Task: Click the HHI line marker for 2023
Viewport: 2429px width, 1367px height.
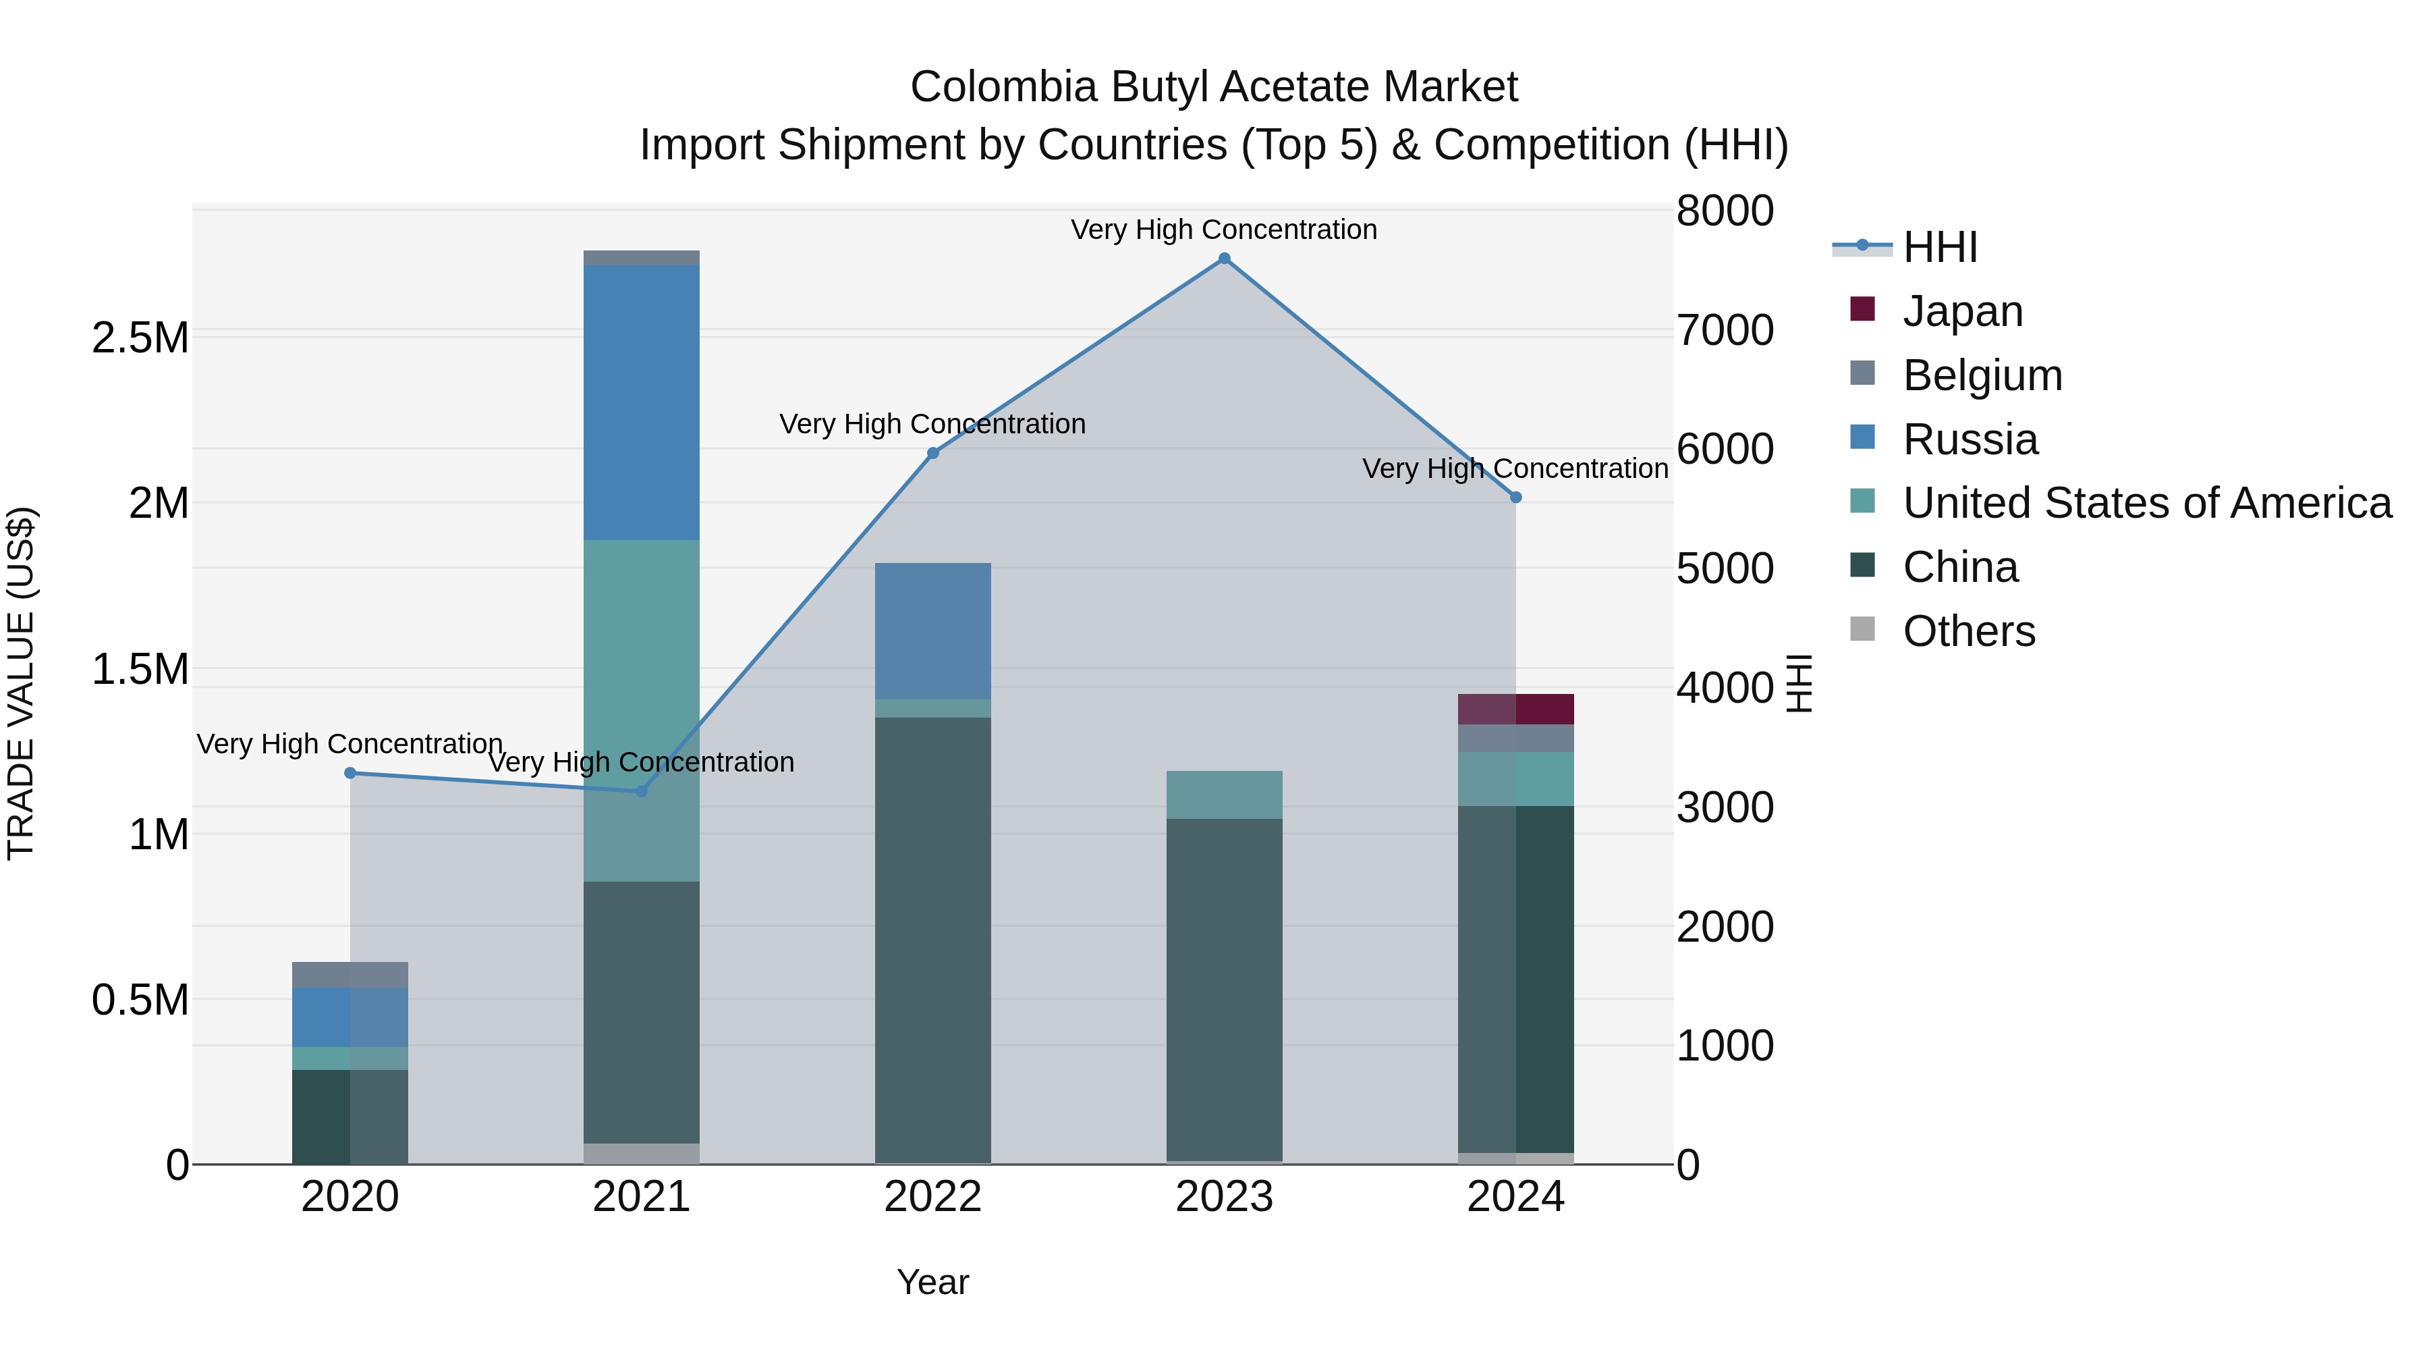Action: coord(1224,259)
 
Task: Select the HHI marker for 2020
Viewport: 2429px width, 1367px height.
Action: coord(350,773)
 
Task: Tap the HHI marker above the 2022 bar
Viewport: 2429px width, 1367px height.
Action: coord(932,453)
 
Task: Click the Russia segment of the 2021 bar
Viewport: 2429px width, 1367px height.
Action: coord(641,403)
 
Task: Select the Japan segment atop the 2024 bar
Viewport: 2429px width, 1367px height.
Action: coord(1515,709)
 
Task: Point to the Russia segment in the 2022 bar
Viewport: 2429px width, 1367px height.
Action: coord(932,631)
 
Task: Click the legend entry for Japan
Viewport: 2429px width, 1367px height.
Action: coord(1962,311)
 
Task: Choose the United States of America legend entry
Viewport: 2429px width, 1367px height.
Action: coord(2146,503)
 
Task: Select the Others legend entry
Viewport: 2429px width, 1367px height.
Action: coord(1968,631)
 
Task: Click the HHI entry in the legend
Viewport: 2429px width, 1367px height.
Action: coord(1940,247)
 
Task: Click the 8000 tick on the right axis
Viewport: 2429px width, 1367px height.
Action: coord(1725,211)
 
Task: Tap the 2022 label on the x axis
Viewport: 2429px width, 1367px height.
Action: coord(932,1197)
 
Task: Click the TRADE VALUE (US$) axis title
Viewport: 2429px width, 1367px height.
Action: coord(21,683)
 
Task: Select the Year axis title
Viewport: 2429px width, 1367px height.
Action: coord(932,1282)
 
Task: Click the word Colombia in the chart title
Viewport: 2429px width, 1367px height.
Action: coord(1003,87)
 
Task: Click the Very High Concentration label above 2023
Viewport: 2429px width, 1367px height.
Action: coord(1224,230)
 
